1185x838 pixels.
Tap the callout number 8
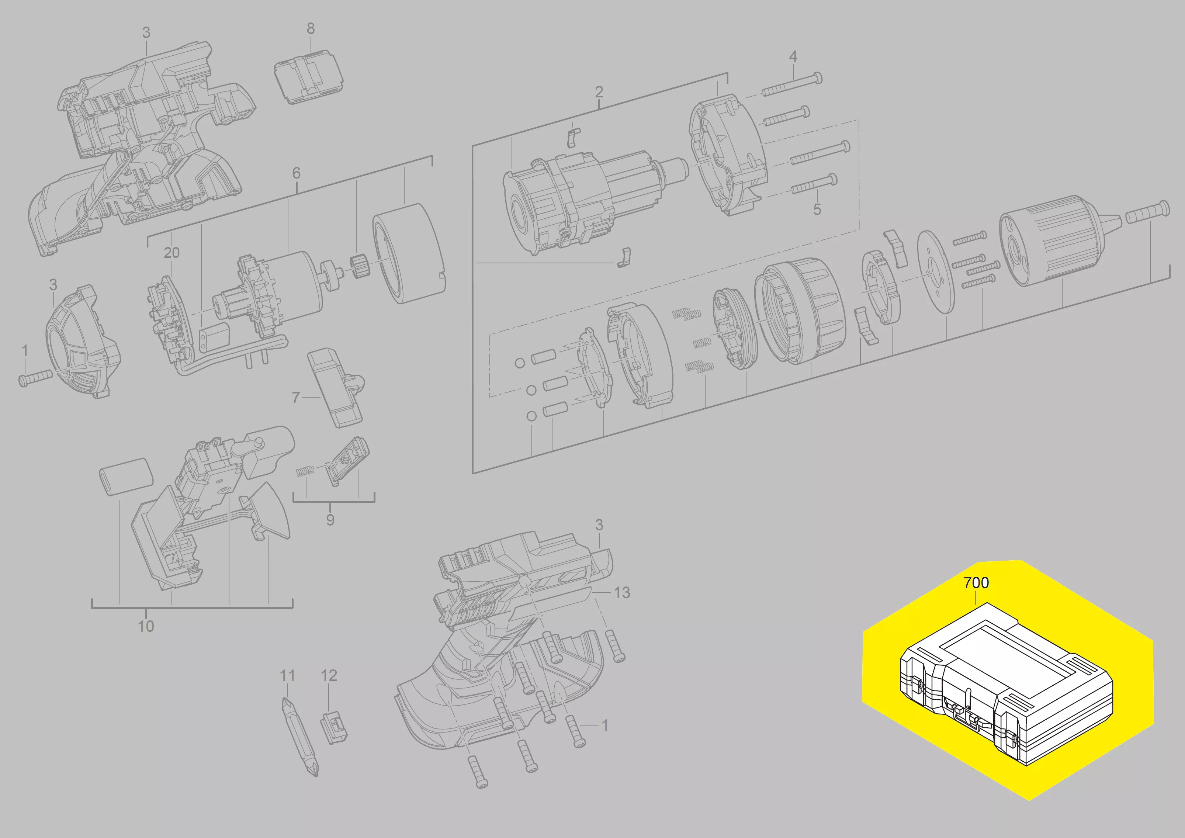click(311, 29)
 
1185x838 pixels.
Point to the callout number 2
click(599, 92)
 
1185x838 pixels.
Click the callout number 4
click(793, 56)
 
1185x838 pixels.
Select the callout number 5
click(817, 209)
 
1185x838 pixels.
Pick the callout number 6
click(296, 173)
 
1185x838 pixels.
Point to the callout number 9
click(330, 520)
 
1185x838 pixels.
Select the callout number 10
click(146, 626)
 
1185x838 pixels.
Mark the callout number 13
click(622, 592)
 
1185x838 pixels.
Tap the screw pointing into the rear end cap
click(35, 378)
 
